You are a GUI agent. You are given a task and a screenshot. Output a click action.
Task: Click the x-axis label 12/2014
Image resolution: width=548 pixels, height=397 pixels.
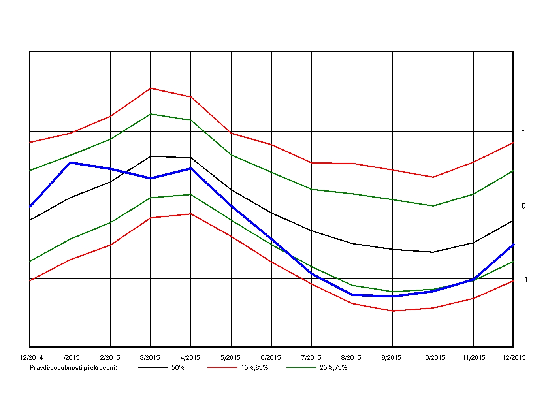click(31, 358)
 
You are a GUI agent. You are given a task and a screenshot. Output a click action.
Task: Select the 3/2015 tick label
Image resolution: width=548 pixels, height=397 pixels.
click(150, 358)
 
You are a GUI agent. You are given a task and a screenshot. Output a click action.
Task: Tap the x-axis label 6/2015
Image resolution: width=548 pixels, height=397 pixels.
click(271, 358)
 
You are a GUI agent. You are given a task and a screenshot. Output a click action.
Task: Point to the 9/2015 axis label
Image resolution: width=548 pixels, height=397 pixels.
click(391, 358)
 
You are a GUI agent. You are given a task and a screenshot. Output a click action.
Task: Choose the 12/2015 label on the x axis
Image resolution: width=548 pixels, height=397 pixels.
click(514, 358)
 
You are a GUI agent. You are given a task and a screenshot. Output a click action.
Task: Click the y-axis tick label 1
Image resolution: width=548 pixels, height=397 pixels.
click(524, 133)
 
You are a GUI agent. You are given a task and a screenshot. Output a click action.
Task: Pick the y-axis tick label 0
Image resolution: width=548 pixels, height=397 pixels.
click(524, 206)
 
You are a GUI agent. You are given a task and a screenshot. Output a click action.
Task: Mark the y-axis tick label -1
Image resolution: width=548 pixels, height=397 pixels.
click(524, 280)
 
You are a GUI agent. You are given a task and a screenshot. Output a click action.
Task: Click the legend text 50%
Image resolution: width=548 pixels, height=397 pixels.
click(178, 368)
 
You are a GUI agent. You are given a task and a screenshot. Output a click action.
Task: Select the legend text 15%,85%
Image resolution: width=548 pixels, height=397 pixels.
click(254, 368)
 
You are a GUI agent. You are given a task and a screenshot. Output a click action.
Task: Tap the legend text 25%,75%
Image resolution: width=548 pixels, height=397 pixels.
click(333, 368)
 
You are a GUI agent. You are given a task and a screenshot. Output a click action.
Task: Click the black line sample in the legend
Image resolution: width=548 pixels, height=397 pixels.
click(153, 368)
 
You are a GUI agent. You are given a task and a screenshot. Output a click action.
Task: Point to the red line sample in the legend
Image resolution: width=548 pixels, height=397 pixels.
click(222, 368)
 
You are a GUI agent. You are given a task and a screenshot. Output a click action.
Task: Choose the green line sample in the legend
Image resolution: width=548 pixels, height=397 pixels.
click(301, 368)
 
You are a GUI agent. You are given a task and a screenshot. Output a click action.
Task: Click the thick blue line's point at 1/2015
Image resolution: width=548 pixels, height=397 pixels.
click(70, 162)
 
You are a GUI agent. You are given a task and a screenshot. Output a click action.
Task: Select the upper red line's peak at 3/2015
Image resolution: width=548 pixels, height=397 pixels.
click(151, 88)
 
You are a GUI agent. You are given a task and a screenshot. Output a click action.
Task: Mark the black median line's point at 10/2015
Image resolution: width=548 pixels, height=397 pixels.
click(433, 252)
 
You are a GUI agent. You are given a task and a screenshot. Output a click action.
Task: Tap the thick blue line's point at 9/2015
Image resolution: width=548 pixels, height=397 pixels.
click(393, 296)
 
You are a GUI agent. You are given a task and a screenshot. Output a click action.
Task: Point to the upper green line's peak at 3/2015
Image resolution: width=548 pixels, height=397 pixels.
click(151, 114)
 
